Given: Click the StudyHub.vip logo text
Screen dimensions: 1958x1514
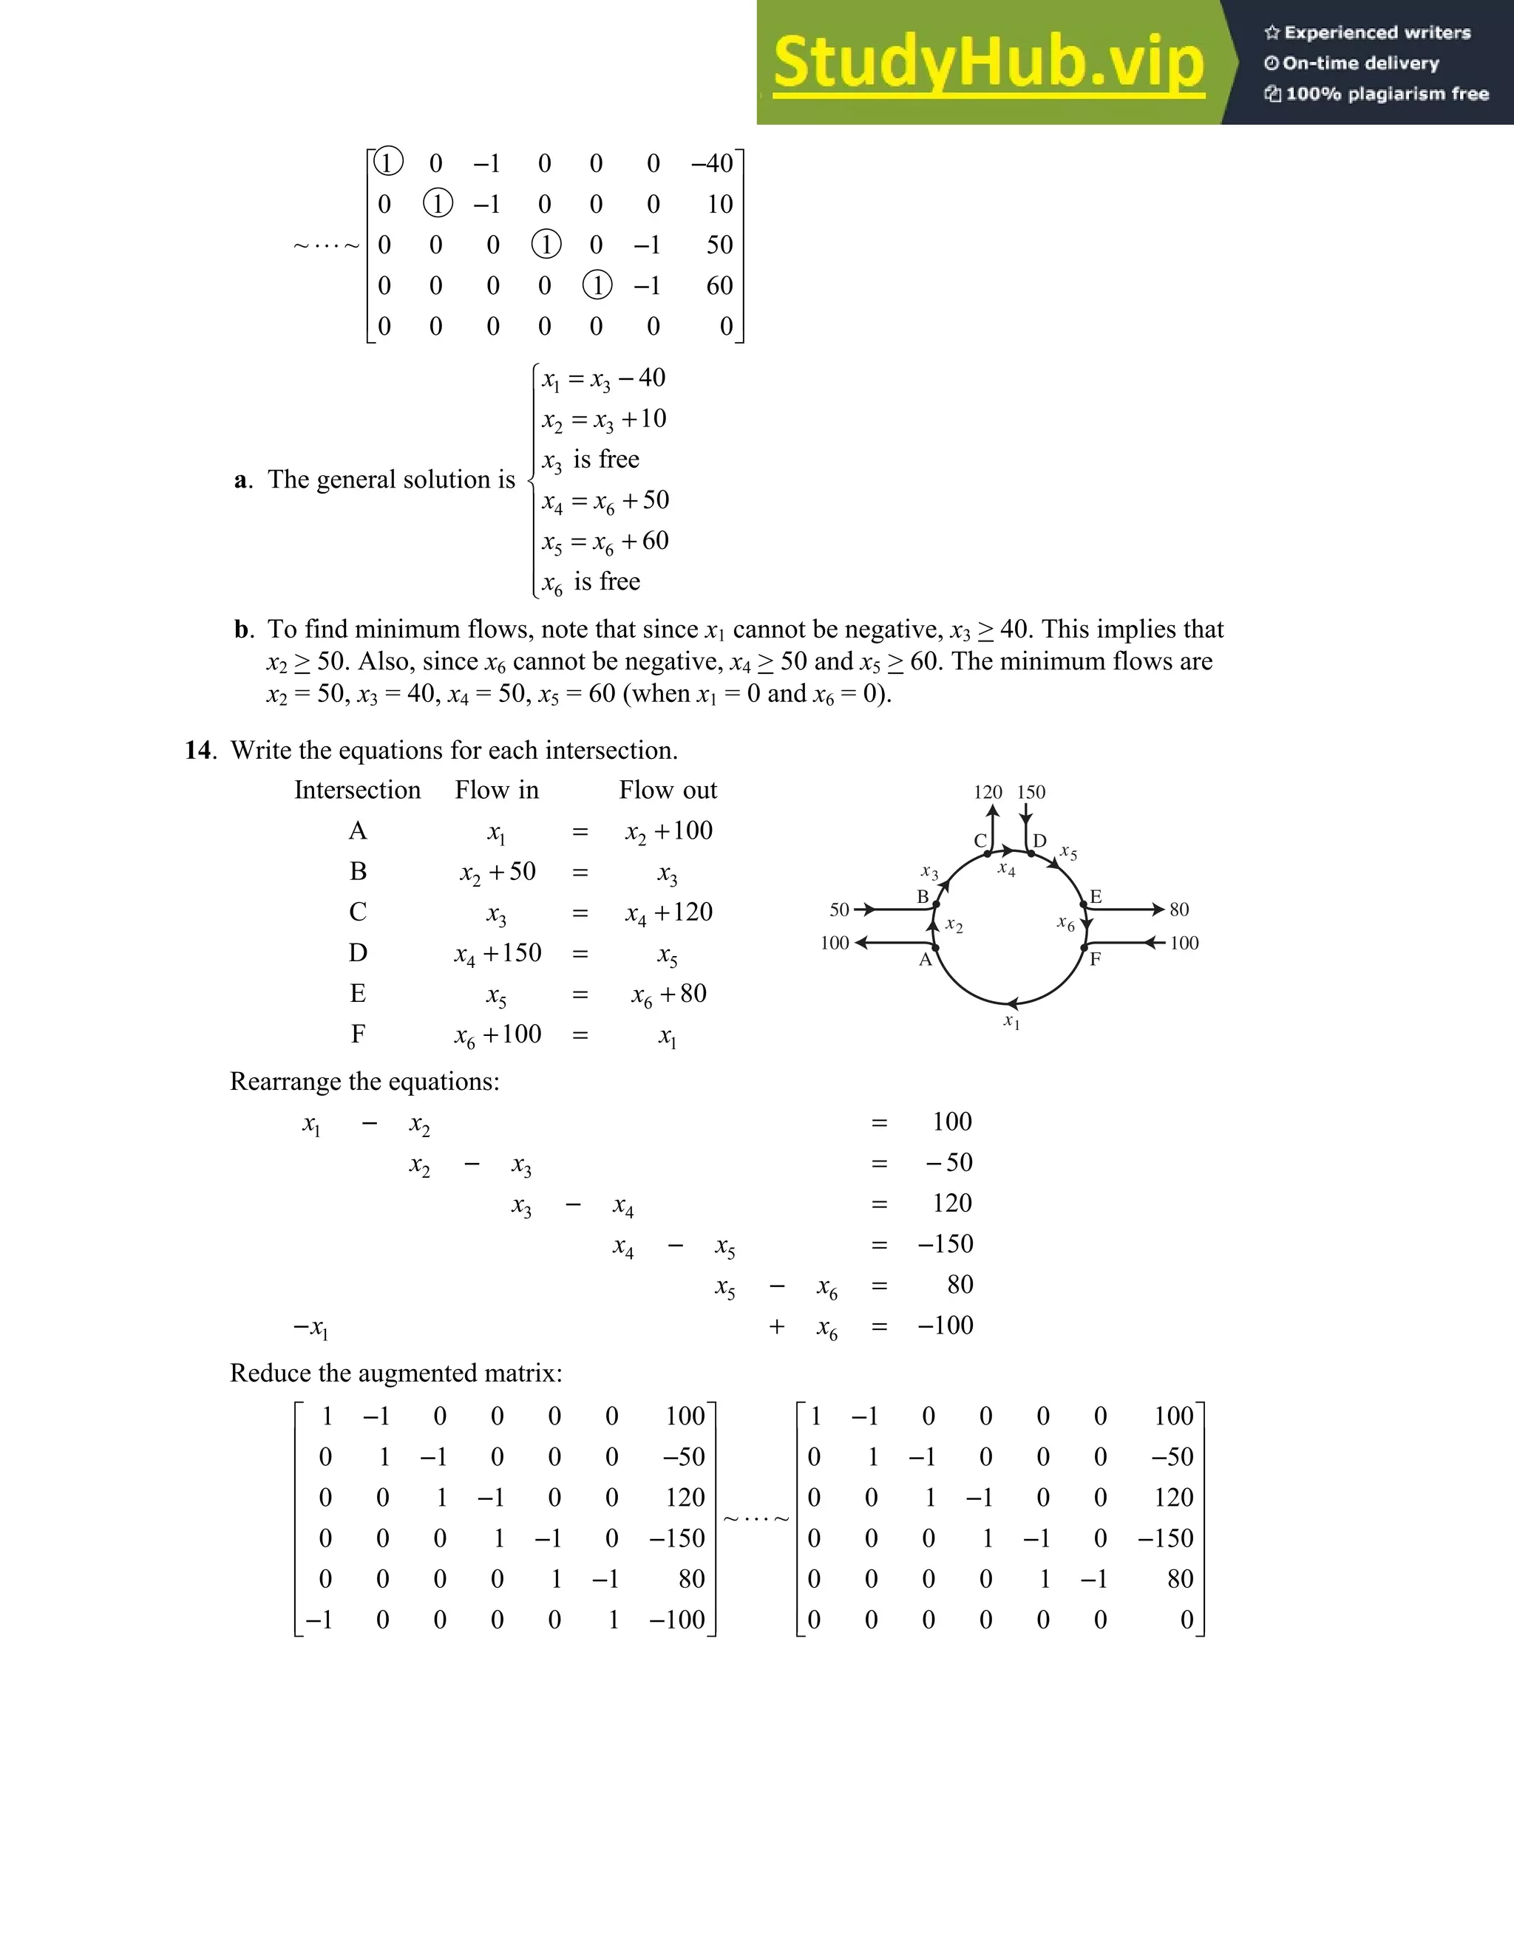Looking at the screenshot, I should (x=988, y=63).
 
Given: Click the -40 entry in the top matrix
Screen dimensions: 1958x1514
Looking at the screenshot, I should (x=713, y=163).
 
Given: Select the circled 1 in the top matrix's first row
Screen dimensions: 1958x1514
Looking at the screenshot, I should (x=387, y=163).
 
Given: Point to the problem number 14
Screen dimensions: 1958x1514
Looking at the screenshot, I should (x=199, y=751).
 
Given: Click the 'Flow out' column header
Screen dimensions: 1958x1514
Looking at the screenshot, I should (x=668, y=790).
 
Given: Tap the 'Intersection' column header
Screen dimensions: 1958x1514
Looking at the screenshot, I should (x=357, y=790).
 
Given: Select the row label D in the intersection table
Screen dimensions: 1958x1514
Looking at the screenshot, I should (x=358, y=952).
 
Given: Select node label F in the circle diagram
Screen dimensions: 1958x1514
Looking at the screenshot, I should (x=1095, y=959).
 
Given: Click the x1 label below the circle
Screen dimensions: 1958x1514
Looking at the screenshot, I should (x=1011, y=1022).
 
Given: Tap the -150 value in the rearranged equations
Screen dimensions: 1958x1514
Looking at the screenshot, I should (x=946, y=1244).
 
